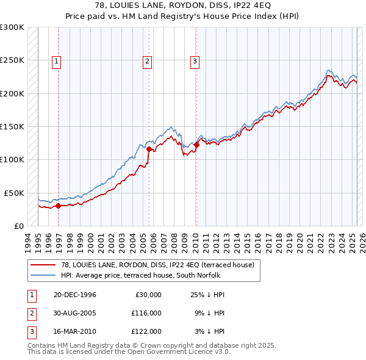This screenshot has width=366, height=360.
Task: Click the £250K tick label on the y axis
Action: click(x=12, y=60)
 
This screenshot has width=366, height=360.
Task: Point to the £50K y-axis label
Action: click(x=14, y=193)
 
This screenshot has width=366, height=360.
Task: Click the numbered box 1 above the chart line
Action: click(x=56, y=60)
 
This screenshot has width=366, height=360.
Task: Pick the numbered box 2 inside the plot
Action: click(x=148, y=60)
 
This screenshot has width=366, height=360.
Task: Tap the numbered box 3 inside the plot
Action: click(x=195, y=60)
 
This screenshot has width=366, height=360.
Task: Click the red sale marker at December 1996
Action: click(x=59, y=206)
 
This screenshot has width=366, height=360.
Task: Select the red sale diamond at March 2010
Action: click(x=196, y=145)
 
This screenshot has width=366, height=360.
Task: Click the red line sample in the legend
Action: click(x=44, y=264)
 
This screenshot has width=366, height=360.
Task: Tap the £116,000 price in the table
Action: click(x=146, y=313)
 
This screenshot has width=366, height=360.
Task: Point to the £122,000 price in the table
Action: click(x=146, y=331)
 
